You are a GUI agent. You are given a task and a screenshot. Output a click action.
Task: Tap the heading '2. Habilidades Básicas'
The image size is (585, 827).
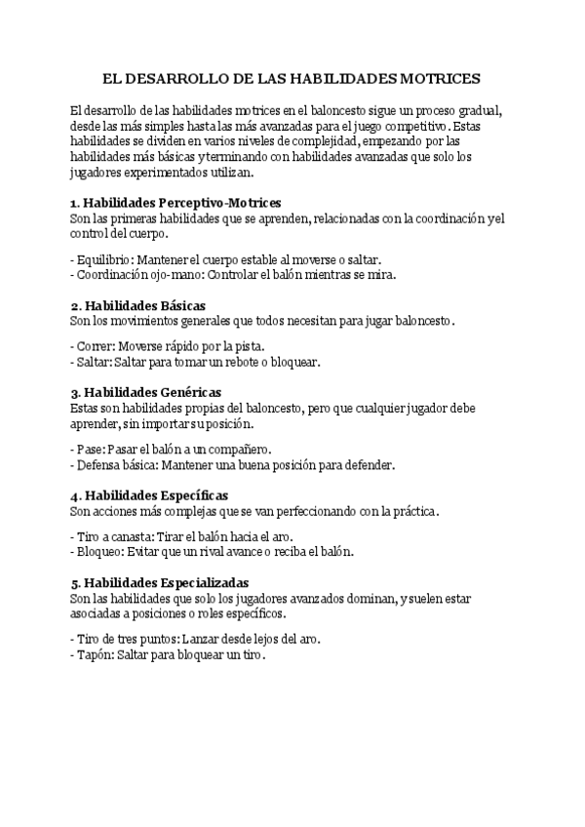point(137,305)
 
